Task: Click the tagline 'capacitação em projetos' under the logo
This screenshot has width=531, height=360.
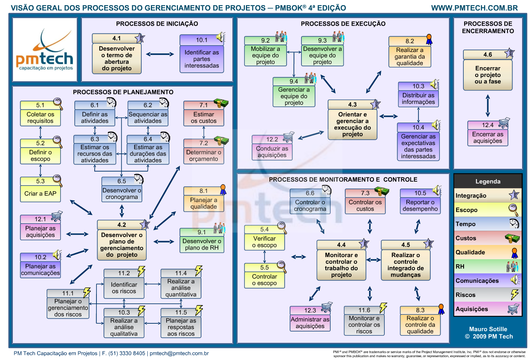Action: (x=46, y=68)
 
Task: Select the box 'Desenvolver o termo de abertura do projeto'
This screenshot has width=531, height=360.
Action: (x=117, y=58)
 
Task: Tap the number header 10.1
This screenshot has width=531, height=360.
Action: (x=201, y=40)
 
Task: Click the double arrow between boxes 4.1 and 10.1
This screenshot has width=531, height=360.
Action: (x=160, y=54)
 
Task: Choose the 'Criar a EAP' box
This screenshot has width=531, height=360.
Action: (x=40, y=194)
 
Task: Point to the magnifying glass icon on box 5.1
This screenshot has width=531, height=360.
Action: (x=58, y=104)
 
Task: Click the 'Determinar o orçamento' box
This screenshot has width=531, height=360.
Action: (x=204, y=156)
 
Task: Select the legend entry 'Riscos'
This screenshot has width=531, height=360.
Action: (x=466, y=295)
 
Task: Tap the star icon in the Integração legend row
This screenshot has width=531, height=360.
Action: (x=514, y=195)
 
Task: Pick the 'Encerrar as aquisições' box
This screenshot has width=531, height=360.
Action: (x=488, y=137)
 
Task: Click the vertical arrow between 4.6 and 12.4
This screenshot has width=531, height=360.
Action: (x=488, y=106)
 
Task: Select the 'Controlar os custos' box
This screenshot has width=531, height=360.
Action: (x=365, y=205)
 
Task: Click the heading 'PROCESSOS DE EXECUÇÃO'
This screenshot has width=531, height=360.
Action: (x=343, y=24)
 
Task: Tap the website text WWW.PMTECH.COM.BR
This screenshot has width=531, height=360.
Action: (x=474, y=8)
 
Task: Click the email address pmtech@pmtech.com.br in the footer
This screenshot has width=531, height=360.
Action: (x=179, y=353)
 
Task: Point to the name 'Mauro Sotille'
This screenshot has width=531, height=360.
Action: (x=488, y=329)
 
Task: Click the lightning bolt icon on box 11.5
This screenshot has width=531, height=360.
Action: (x=199, y=310)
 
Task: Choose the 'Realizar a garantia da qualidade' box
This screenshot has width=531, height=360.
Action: (x=410, y=57)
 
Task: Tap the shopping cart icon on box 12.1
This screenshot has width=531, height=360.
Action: (x=57, y=216)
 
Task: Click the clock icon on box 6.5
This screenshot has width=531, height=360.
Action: (x=138, y=179)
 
